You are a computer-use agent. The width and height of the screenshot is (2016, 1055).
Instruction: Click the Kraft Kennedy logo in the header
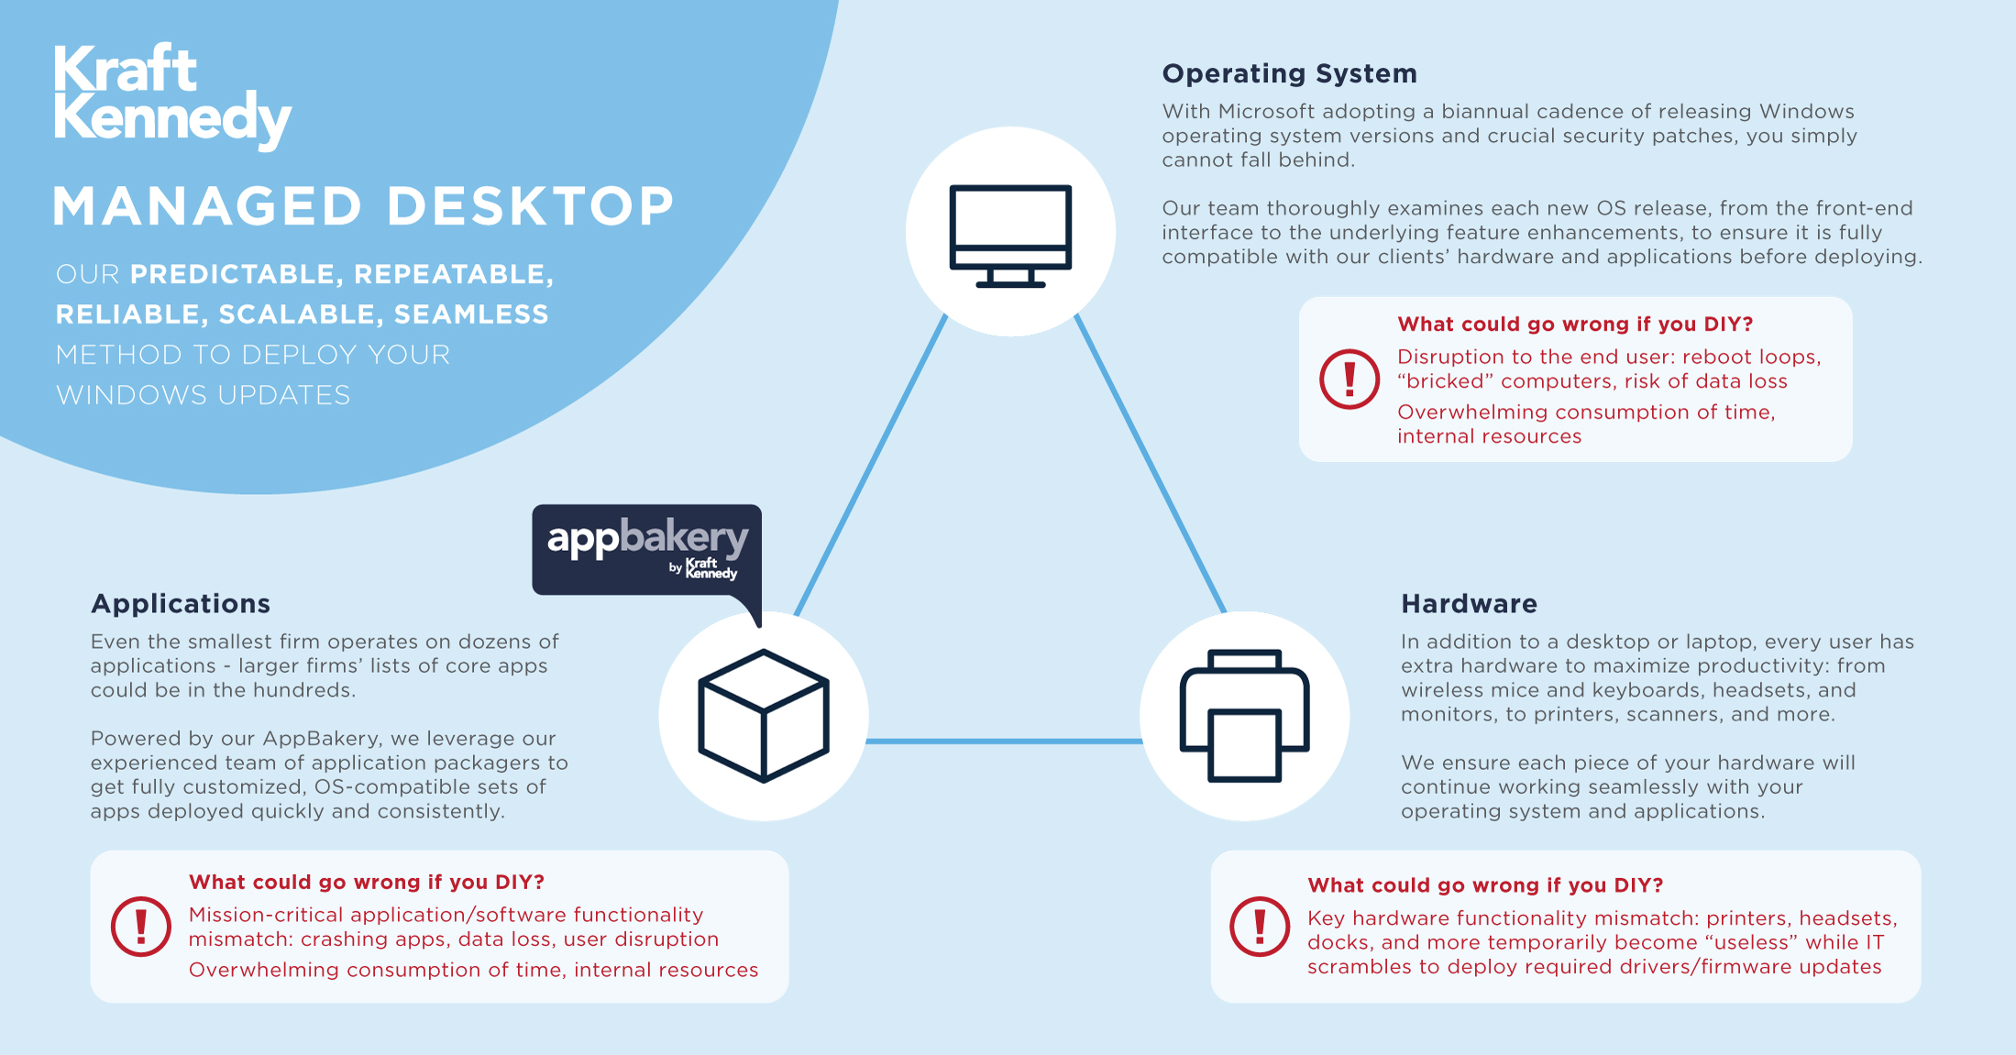tap(171, 95)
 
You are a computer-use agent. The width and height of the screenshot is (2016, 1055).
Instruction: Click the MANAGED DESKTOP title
tap(363, 206)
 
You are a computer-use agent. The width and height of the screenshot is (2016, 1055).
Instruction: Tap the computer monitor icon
tap(1010, 235)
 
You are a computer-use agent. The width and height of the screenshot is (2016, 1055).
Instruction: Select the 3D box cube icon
tap(764, 716)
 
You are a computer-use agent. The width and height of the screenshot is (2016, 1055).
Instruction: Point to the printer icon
tap(1244, 716)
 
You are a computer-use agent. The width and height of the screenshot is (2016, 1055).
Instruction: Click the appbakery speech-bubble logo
tap(646, 549)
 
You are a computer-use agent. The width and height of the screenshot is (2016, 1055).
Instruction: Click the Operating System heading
tap(1289, 73)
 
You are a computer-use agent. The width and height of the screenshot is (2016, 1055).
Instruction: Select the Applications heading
tap(181, 603)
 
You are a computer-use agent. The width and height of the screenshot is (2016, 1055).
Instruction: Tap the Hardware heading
tap(1469, 603)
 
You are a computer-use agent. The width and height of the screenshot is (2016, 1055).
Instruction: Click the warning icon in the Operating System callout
tap(1350, 379)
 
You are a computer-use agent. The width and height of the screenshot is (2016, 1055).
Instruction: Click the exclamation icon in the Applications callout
tap(141, 926)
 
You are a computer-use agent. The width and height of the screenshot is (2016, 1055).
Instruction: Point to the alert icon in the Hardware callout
tap(1260, 926)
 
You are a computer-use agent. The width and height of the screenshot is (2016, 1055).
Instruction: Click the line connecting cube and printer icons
tap(1004, 741)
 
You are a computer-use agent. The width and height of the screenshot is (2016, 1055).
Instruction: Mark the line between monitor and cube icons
tap(871, 463)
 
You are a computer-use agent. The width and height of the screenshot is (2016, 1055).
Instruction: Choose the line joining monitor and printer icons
tap(1151, 463)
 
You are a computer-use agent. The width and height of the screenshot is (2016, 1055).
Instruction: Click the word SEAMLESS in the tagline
tap(471, 314)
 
